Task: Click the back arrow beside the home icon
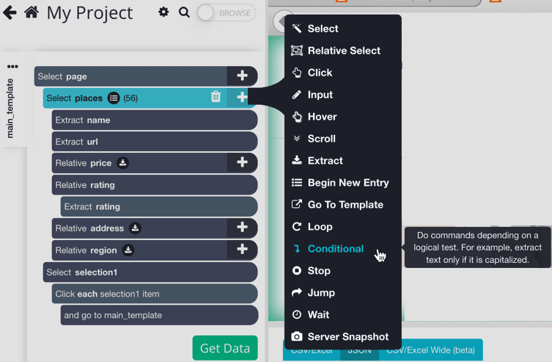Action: pos(10,12)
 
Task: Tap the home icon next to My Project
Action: pos(32,12)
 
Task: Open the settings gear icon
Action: pos(163,12)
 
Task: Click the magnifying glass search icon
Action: pos(184,12)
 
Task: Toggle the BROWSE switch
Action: pos(226,12)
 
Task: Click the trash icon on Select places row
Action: pos(216,97)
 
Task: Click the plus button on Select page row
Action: pos(242,76)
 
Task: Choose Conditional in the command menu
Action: pos(335,249)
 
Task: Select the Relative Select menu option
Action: pos(343,51)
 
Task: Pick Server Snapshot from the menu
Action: pos(347,337)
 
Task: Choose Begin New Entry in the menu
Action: pos(347,183)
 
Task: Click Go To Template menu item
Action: pos(345,205)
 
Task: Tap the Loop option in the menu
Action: pos(320,227)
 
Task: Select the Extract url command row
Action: pos(154,142)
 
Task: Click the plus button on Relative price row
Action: pos(242,162)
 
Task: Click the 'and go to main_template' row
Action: pos(159,315)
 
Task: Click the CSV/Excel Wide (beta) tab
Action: pos(430,350)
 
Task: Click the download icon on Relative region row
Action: pos(128,250)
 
